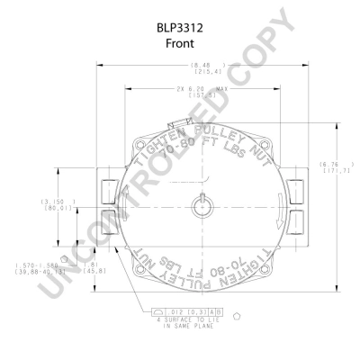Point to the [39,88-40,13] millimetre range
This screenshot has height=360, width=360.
tap(38, 272)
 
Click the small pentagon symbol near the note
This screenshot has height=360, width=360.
tap(236, 317)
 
